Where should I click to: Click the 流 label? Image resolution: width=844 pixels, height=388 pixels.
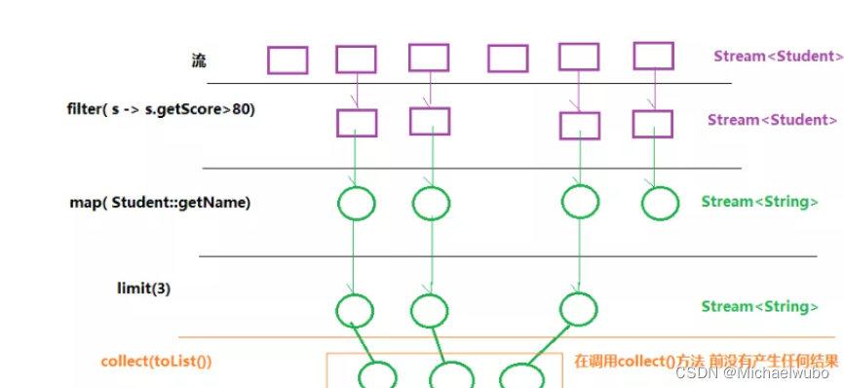click(200, 60)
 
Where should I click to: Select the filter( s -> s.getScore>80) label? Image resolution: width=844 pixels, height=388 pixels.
click(161, 109)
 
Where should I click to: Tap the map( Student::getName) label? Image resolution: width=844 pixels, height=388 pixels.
click(160, 202)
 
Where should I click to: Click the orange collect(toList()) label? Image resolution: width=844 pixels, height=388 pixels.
click(156, 361)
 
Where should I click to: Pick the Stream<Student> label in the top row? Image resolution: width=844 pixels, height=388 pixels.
click(777, 56)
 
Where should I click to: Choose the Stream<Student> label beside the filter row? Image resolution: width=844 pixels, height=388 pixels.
click(772, 120)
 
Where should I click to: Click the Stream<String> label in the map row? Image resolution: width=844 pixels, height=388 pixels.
click(759, 202)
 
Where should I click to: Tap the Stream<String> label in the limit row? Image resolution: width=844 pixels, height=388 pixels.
click(759, 306)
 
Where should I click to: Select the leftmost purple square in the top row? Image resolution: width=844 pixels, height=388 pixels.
click(288, 60)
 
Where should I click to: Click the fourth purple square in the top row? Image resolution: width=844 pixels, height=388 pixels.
click(508, 58)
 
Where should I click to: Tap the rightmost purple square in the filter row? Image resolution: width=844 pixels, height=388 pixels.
click(652, 124)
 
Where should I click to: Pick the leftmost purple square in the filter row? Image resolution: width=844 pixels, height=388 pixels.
click(356, 123)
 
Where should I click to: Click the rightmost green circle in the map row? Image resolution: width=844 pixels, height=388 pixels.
click(660, 203)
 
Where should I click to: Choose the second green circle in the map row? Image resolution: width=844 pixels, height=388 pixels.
click(431, 203)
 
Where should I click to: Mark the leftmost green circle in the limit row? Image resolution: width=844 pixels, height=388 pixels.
click(355, 310)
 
